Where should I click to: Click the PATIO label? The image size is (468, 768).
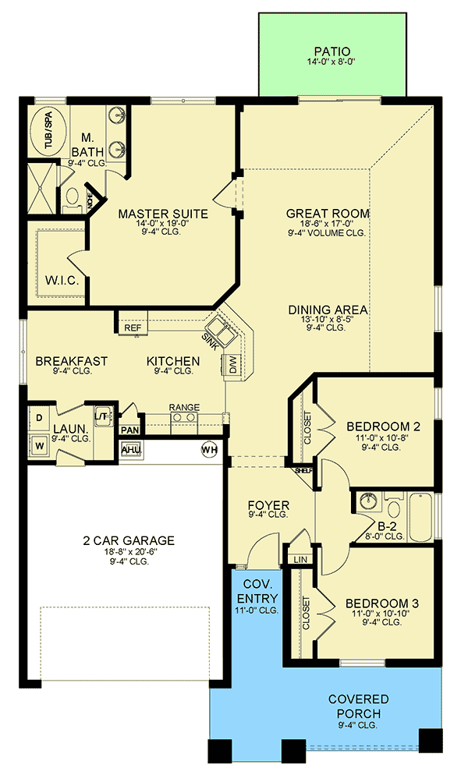coord(331,51)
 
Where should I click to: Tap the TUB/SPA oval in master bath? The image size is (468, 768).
coord(48,132)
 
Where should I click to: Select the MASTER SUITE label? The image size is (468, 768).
coord(163,214)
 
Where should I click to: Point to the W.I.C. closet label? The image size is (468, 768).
coord(62,280)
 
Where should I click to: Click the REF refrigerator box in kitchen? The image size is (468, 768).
coord(133,327)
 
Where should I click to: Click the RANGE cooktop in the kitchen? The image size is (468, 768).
coord(184,417)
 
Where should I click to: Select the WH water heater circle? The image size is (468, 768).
coord(209,450)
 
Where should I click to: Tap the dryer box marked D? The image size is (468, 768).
coord(39,418)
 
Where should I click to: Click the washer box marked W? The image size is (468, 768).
coord(39,446)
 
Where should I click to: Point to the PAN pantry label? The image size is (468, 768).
coord(129,430)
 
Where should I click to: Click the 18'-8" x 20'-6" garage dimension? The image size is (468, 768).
coord(129,551)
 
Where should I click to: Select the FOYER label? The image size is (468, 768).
coord(268,505)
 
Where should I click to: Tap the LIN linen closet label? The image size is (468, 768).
coord(300,559)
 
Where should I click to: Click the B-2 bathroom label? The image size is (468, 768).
coord(387,526)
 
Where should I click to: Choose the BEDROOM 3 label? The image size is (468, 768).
coord(382,603)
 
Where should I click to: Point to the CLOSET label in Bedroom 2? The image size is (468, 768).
coord(307,427)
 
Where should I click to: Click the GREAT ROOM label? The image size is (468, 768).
coord(328,214)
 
